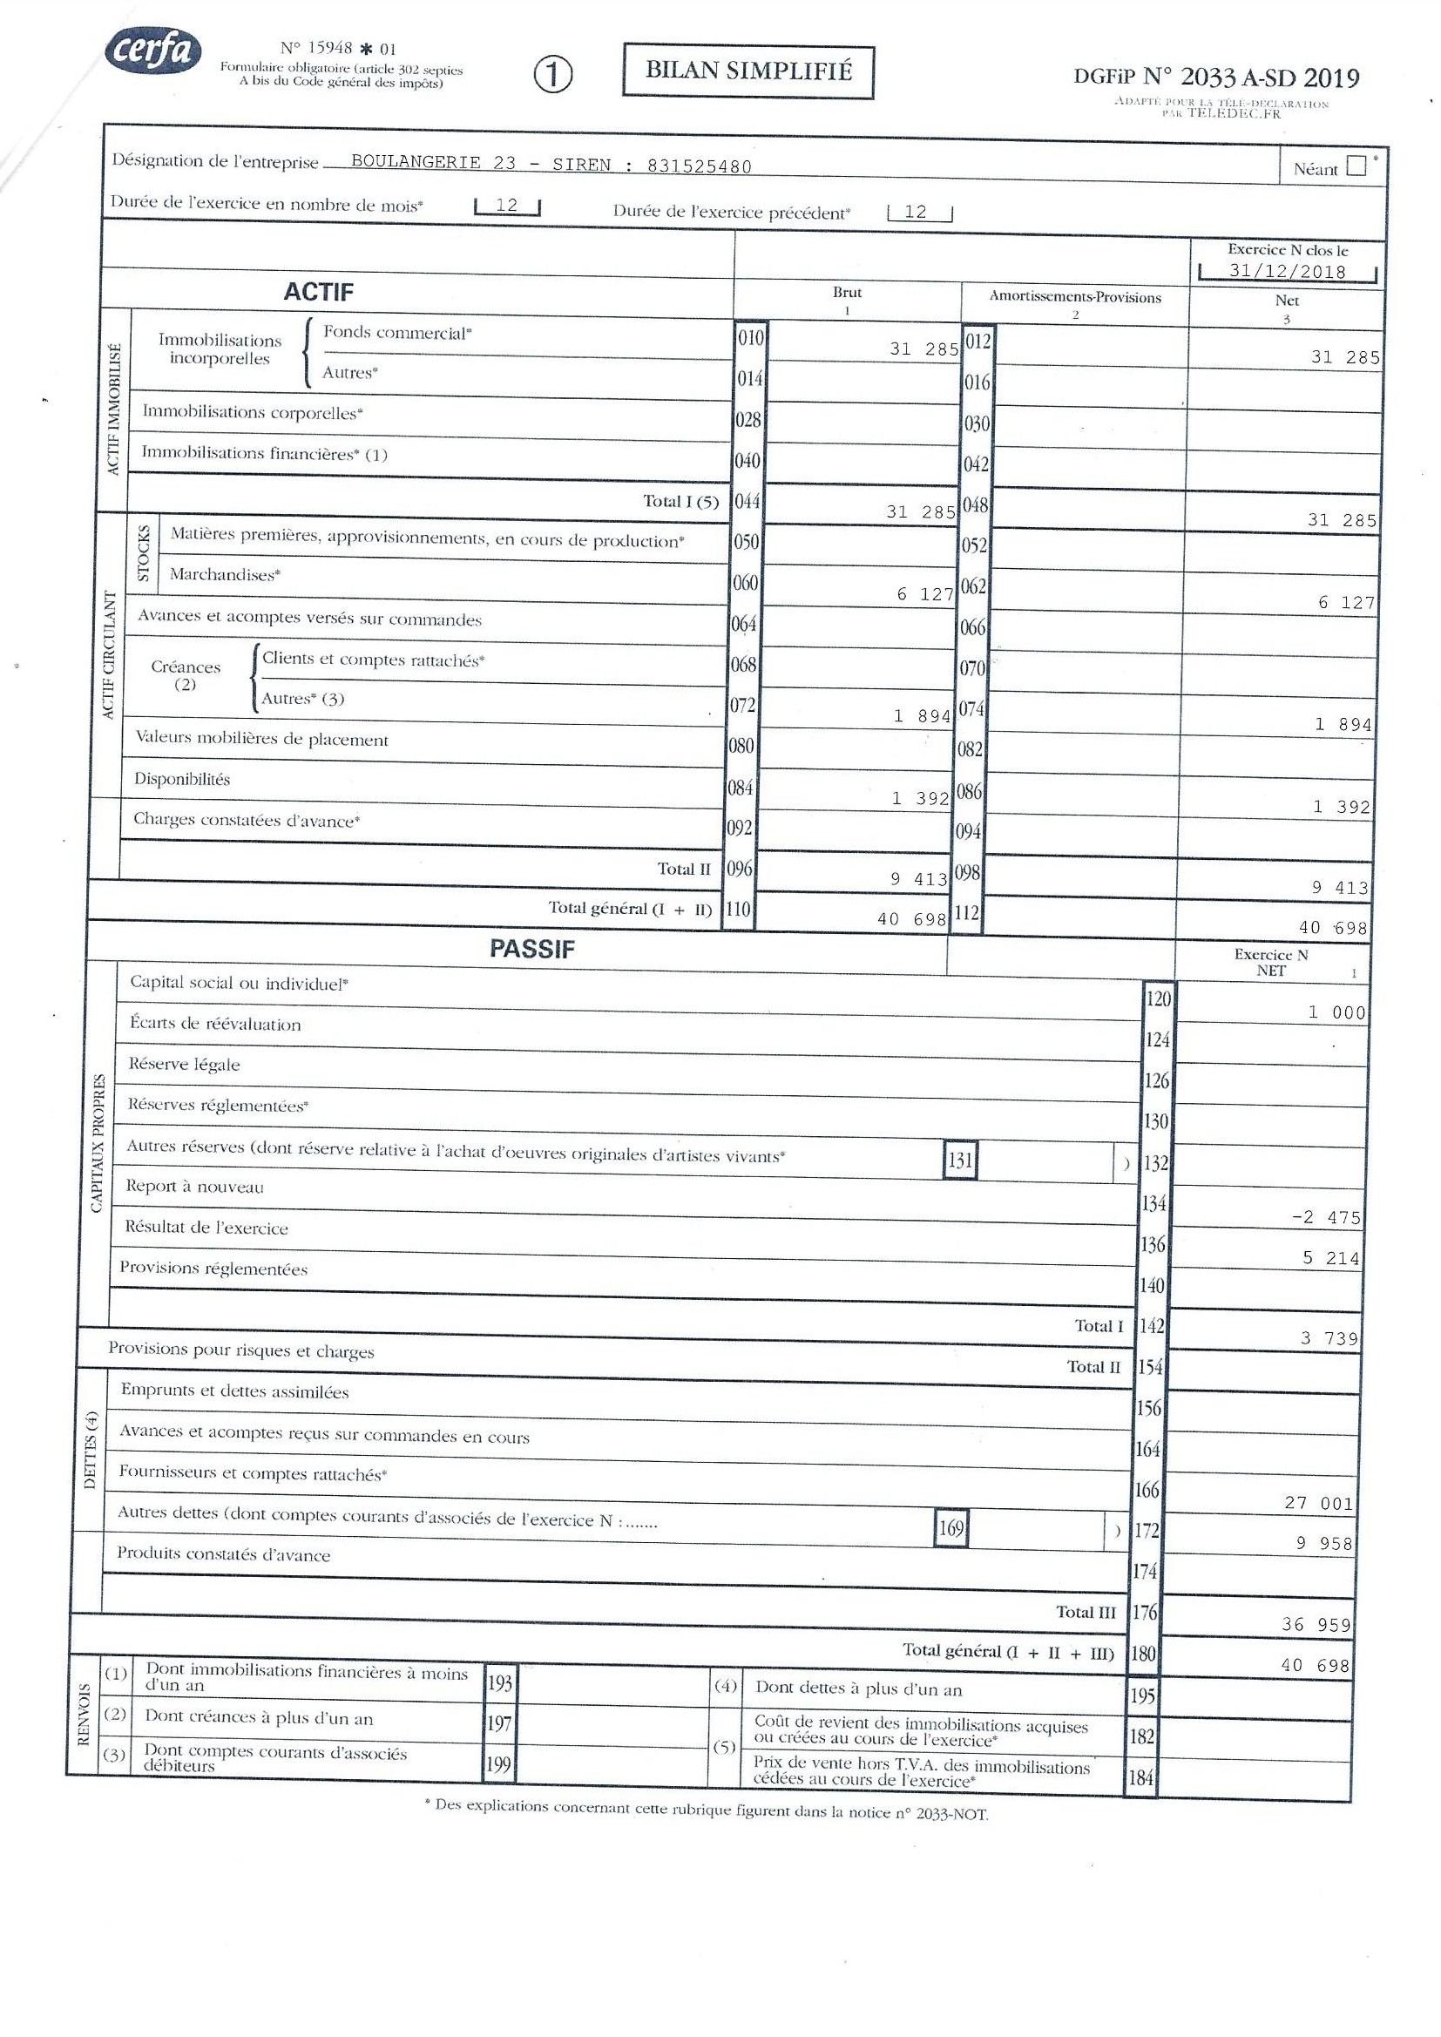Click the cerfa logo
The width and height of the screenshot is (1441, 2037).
[x=152, y=51]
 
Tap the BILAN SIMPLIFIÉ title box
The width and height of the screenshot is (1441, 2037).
[x=748, y=71]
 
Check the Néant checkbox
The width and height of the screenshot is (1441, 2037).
[x=1356, y=166]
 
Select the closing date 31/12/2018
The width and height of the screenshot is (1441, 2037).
[x=1287, y=272]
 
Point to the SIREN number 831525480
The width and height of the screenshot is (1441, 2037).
[x=700, y=166]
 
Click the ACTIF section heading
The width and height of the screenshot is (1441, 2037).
[x=319, y=292]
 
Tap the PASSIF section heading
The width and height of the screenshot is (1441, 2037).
[x=531, y=950]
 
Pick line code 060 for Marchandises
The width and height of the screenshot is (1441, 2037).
[x=746, y=583]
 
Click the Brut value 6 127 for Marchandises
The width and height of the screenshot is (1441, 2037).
[x=924, y=594]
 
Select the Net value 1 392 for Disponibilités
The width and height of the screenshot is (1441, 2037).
[x=1342, y=807]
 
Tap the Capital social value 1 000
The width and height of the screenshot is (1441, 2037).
[x=1336, y=1012]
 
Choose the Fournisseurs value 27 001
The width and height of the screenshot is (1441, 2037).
[x=1318, y=1503]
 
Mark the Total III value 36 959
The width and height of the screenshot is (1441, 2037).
[x=1316, y=1624]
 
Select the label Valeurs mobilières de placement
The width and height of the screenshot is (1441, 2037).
[x=261, y=739]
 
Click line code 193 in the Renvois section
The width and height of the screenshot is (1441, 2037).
[x=499, y=1682]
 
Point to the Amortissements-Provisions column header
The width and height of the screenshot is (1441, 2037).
[x=1074, y=297]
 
